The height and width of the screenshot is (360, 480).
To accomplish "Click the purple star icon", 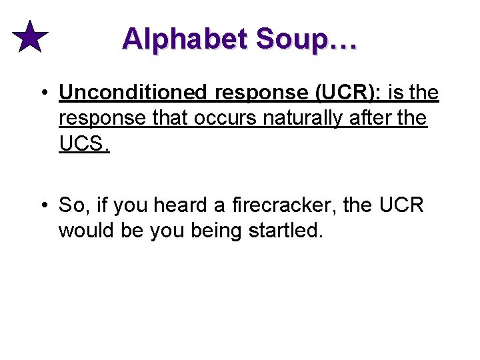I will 30,37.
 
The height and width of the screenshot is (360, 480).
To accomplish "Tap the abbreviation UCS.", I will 83,143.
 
